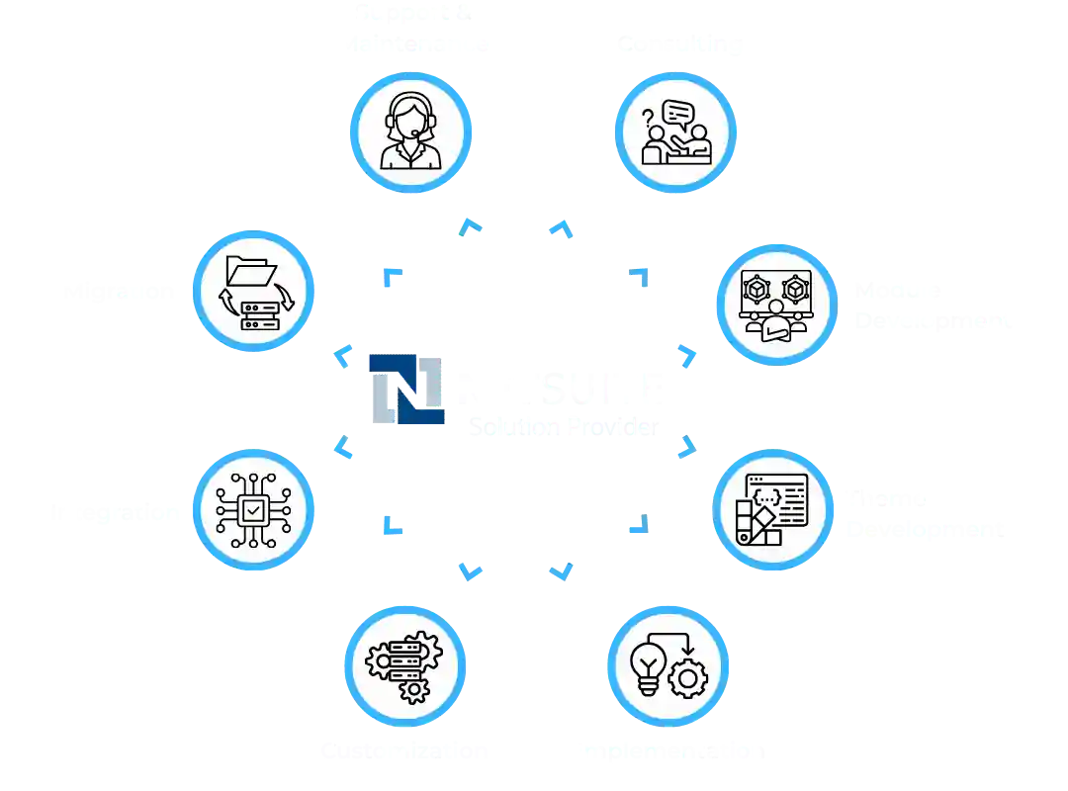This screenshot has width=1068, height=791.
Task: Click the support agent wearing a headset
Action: point(410,131)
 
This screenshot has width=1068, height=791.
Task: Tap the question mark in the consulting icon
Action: point(648,120)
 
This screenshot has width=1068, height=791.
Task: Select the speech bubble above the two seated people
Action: point(678,113)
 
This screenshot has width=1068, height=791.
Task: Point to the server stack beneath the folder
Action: point(258,315)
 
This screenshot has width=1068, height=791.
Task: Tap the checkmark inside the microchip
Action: point(254,510)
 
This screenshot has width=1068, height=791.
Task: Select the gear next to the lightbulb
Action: point(688,679)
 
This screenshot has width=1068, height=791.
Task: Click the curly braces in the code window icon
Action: point(764,494)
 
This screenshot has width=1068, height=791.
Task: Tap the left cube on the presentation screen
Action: point(757,289)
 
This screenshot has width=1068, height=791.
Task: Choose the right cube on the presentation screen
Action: point(795,289)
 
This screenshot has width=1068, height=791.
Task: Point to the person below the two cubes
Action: point(776,322)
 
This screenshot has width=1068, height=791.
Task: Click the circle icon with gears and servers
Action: point(404,665)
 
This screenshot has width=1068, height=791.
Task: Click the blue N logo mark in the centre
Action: point(406,390)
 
